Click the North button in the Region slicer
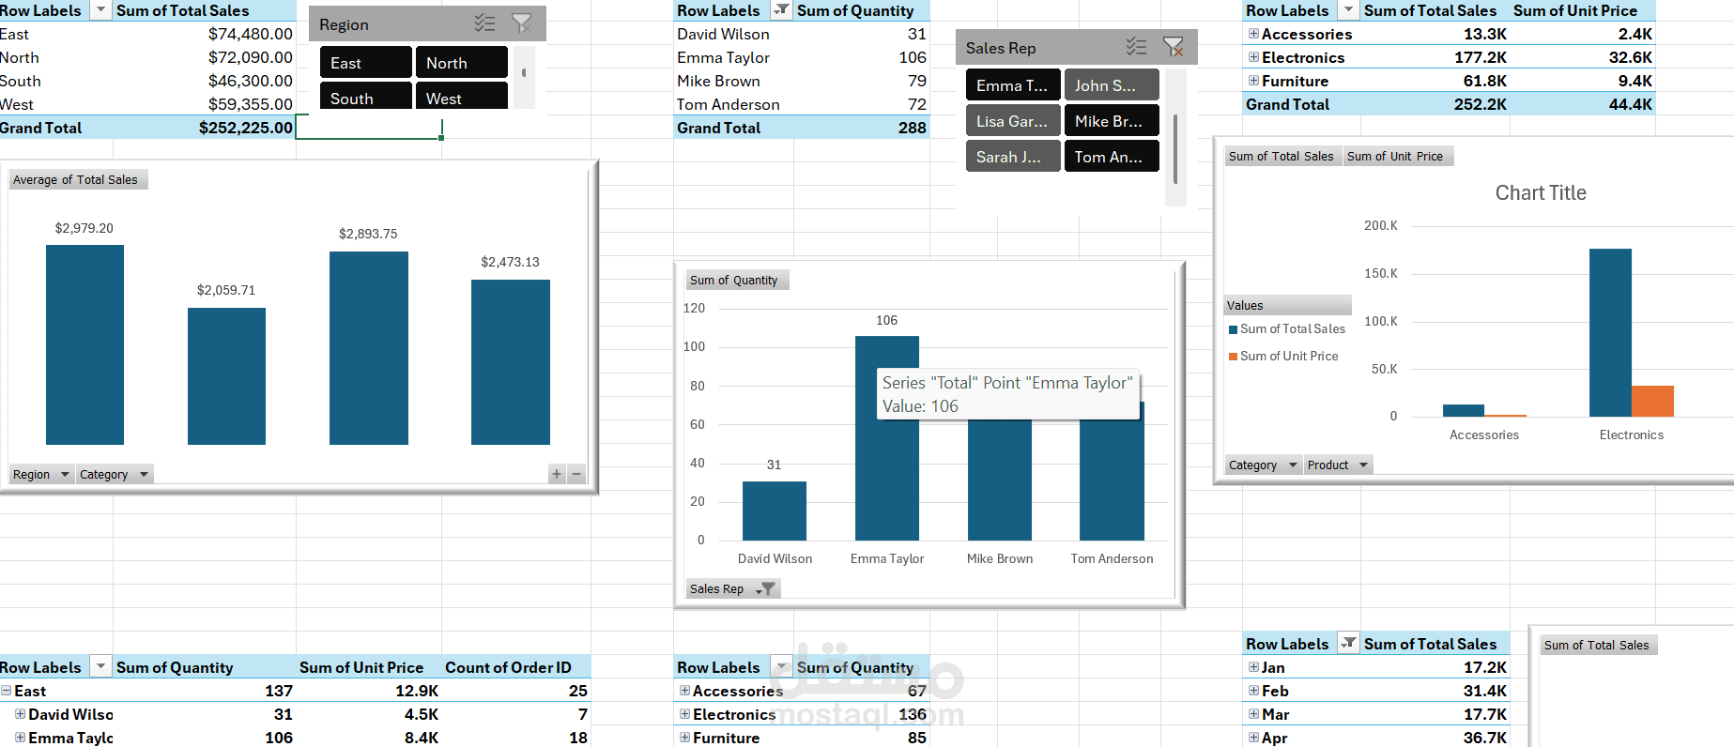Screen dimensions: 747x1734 coord(461,63)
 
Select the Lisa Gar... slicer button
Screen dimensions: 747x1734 coord(1012,121)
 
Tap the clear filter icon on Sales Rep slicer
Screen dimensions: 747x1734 coord(1173,47)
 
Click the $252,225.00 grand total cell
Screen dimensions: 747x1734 coord(245,128)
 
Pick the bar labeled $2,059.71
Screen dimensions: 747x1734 coord(226,375)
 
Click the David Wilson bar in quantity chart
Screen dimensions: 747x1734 coord(774,511)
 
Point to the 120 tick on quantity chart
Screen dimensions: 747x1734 coord(694,308)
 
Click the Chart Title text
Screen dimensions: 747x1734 coord(1540,192)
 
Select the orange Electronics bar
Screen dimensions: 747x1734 coord(1652,401)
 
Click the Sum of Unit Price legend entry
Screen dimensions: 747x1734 coord(1288,357)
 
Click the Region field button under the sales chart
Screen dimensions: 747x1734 coord(40,475)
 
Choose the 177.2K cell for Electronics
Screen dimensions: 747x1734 coord(1480,57)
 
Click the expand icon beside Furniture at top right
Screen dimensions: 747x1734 coord(1253,81)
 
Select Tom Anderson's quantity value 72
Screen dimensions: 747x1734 coord(916,104)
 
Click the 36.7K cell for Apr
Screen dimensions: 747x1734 coord(1484,738)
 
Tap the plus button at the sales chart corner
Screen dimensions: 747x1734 coord(557,474)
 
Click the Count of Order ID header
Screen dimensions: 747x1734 coord(508,667)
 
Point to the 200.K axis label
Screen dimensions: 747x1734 coord(1380,225)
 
